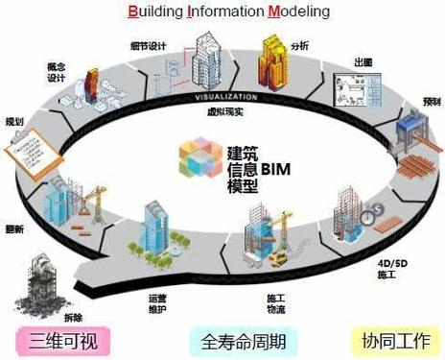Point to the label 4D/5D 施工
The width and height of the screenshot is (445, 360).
tap(387, 266)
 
